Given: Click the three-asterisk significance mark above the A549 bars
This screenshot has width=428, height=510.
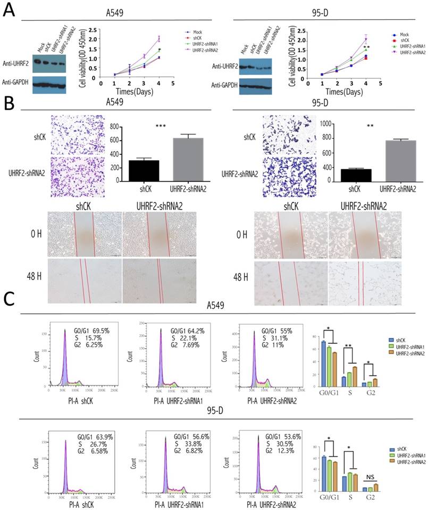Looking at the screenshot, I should [x=162, y=126].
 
